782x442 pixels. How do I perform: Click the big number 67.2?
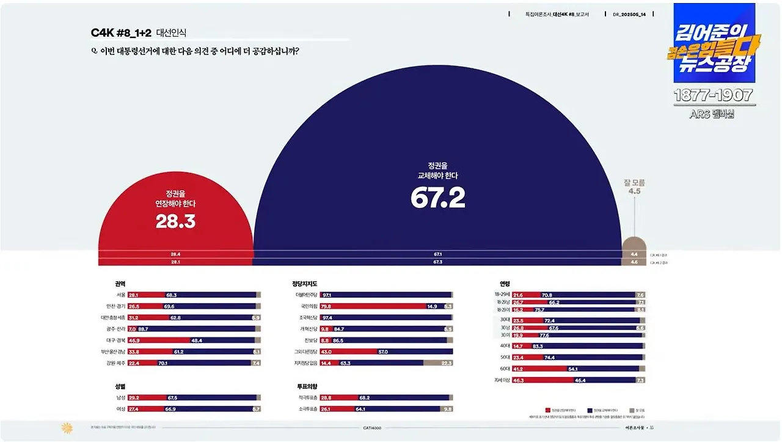point(438,197)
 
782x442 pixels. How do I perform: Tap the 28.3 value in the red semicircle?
point(175,221)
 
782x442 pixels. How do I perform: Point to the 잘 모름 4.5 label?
point(634,186)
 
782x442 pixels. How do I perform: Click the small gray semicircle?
point(634,244)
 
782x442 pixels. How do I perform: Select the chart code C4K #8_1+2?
point(121,33)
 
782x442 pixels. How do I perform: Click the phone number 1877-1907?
point(714,95)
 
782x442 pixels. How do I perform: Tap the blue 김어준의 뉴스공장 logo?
point(714,43)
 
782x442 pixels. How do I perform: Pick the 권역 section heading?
point(120,284)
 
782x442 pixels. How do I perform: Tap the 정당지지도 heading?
point(305,284)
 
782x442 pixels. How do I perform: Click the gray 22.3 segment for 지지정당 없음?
point(438,363)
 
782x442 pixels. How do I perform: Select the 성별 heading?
point(120,386)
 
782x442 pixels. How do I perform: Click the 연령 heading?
point(505,284)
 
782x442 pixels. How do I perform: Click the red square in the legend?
point(547,410)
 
